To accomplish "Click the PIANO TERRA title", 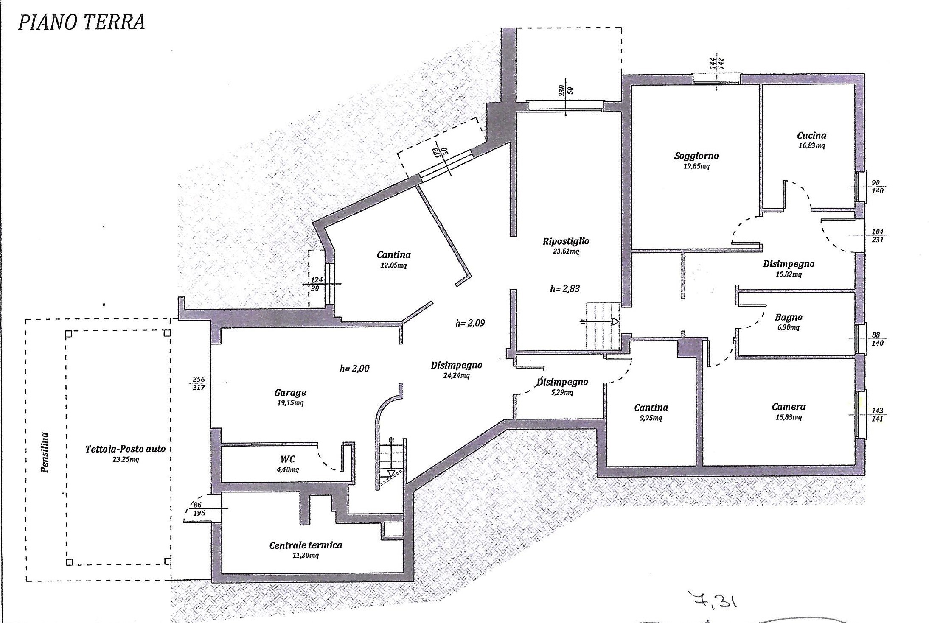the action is [x=81, y=22].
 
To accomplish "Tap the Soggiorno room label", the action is [x=696, y=156].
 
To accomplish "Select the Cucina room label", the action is [x=811, y=135].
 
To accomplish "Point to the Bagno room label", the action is [x=789, y=317].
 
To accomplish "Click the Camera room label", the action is [x=789, y=407].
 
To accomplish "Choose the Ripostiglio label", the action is [x=566, y=241].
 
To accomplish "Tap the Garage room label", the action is [x=290, y=393].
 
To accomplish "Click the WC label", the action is [x=288, y=459].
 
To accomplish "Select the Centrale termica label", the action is [x=306, y=545].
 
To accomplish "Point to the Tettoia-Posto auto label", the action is [x=126, y=449].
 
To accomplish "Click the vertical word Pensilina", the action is [x=45, y=453].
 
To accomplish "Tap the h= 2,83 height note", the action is [x=565, y=289].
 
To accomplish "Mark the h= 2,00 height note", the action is [x=354, y=369].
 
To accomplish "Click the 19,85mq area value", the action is [x=696, y=167].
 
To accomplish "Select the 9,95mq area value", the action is [x=651, y=418].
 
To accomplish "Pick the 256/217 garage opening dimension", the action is [x=199, y=383].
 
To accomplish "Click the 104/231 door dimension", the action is [x=878, y=236].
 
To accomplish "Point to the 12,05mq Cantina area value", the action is [x=393, y=265].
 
